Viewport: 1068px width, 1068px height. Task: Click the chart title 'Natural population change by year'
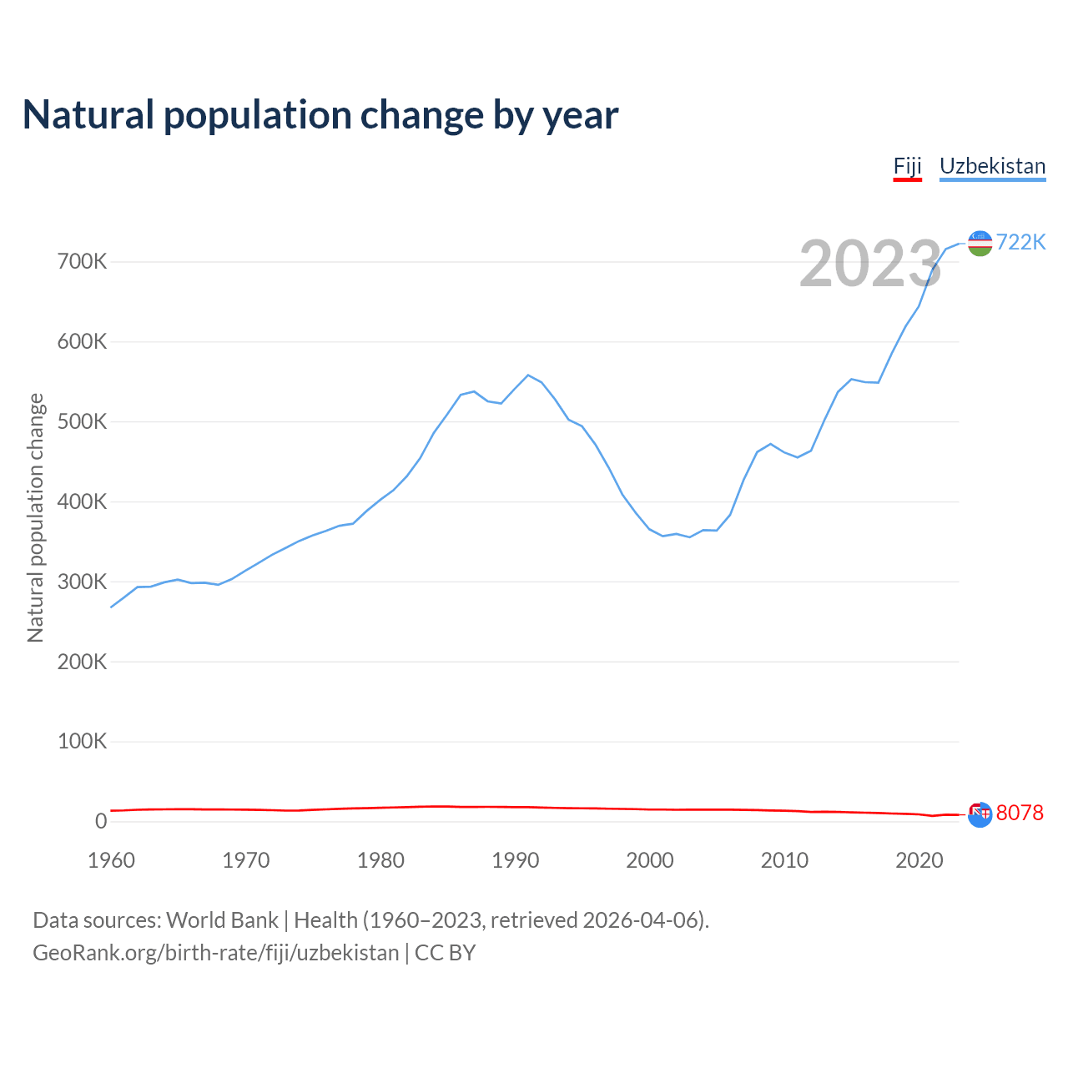(x=320, y=115)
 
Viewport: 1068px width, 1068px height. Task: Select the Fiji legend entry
(x=907, y=166)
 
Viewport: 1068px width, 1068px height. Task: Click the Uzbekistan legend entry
(x=992, y=166)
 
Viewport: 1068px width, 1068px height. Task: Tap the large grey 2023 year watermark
(x=870, y=264)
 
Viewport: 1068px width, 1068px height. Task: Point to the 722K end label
(x=1020, y=242)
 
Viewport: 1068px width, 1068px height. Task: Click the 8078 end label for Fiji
(x=1020, y=813)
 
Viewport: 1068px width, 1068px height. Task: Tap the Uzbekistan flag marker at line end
(x=980, y=243)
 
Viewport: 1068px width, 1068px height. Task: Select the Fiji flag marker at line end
(x=980, y=814)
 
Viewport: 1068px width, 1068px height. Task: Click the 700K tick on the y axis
(x=83, y=262)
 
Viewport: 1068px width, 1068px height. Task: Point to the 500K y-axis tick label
(x=83, y=422)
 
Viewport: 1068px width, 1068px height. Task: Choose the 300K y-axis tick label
(x=83, y=582)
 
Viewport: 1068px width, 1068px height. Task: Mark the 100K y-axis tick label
(x=83, y=742)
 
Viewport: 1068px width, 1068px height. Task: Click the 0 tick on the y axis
(x=101, y=821)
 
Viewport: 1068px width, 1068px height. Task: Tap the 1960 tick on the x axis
(x=111, y=860)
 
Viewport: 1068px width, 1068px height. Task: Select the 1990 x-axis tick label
(x=516, y=860)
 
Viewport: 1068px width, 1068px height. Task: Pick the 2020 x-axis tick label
(x=919, y=860)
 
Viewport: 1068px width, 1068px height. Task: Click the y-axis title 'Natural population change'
(x=35, y=517)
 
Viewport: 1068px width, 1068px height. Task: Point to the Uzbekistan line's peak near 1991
(x=528, y=375)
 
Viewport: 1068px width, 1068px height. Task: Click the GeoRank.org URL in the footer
(x=215, y=953)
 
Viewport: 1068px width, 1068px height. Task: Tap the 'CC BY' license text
(x=445, y=953)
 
